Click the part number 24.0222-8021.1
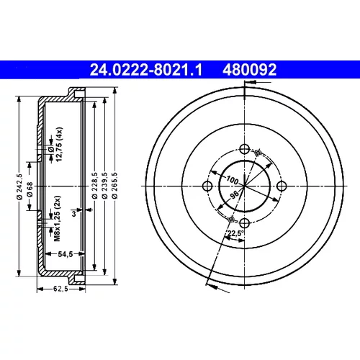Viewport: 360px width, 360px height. [146, 70]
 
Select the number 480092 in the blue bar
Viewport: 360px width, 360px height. [250, 70]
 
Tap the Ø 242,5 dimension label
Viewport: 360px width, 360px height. [19, 186]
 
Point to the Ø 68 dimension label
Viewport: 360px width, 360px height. [30, 189]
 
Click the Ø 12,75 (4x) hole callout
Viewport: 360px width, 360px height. [55, 145]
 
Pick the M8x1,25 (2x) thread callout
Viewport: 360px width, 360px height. [58, 219]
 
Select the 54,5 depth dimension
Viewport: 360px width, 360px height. [66, 254]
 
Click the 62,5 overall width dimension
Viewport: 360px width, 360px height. [60, 289]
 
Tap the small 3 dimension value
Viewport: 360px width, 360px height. [74, 213]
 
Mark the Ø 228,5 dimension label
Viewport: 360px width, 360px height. [95, 185]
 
